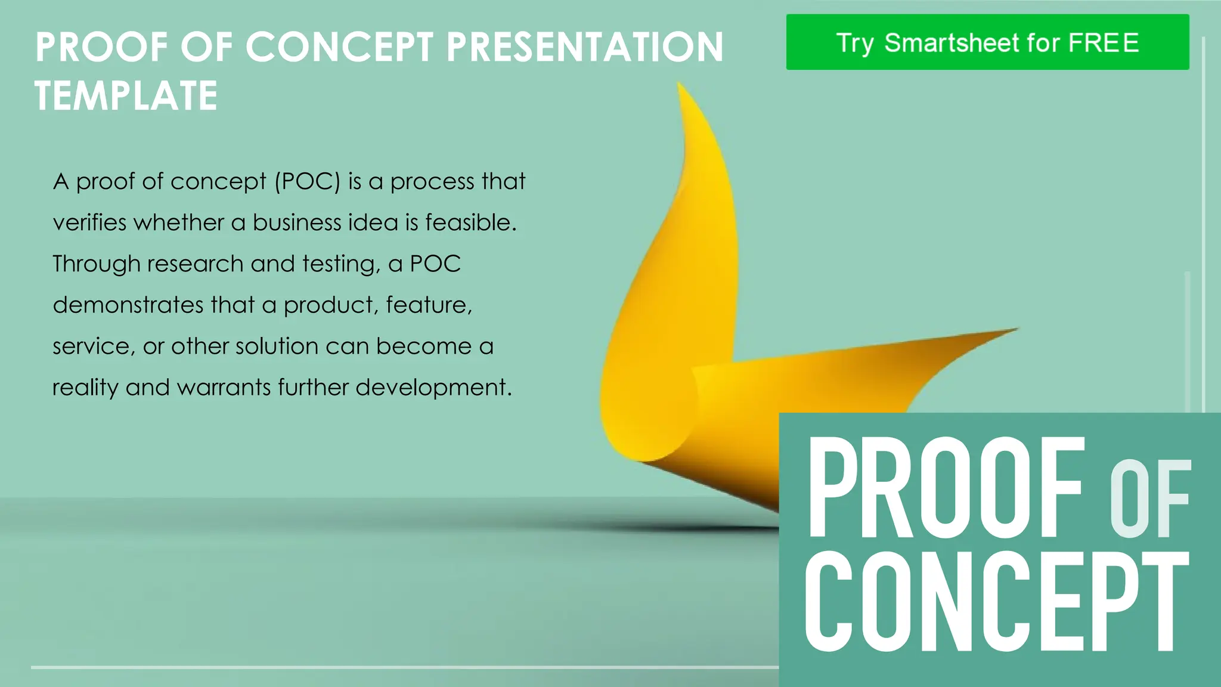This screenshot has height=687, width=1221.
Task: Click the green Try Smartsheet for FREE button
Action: click(x=987, y=42)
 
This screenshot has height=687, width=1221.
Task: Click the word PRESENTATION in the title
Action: click(x=585, y=47)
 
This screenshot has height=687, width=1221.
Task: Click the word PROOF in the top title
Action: click(x=102, y=47)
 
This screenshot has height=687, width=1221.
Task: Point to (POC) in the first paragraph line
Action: click(x=307, y=181)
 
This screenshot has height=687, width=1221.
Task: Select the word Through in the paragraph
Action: click(x=96, y=264)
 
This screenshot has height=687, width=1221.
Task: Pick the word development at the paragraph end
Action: click(x=433, y=388)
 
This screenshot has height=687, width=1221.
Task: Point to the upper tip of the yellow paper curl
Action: click(x=680, y=87)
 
